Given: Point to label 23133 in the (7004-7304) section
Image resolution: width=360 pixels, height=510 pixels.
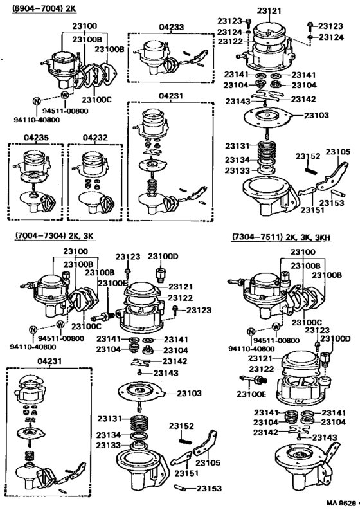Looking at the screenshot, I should click(x=109, y=444).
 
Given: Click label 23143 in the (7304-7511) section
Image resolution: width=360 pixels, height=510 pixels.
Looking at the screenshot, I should click(x=324, y=437).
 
